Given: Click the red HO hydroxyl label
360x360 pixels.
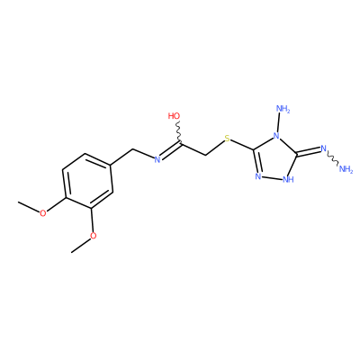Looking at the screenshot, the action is pos(175,116).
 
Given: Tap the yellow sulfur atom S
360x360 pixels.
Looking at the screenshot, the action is pos(227,139).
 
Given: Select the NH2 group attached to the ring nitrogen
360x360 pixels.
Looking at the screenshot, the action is pos(283,109).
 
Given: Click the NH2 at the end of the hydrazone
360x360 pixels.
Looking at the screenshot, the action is pos(346,169).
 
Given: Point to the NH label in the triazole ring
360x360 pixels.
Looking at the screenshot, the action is pos(288,179).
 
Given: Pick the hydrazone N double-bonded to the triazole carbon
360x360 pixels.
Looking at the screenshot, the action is pos(323,148).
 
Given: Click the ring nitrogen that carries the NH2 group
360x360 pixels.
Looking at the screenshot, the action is pos(276,137).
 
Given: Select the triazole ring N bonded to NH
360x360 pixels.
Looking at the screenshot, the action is pos(257,176).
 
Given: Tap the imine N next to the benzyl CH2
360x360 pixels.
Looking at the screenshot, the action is pos(157,160).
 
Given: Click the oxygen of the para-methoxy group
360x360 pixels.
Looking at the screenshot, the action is pos(43,213).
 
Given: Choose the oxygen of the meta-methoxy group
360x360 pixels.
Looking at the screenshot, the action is pos(94,236).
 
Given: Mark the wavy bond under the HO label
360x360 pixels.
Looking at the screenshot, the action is pos(179,132).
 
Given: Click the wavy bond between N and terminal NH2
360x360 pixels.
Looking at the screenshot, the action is pos(333,158).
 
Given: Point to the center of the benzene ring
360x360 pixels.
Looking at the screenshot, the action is pos(87,181).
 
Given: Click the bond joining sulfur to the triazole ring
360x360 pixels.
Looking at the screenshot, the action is pos(243,145).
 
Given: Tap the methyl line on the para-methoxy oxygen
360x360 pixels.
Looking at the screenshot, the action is pos(29,207).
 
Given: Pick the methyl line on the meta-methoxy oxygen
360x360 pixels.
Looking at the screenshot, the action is pos(81,246).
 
